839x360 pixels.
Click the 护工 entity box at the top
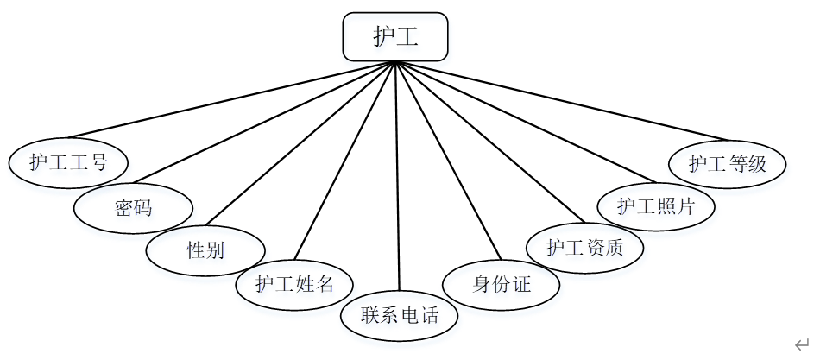tap(395, 36)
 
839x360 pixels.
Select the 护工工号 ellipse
tap(68, 162)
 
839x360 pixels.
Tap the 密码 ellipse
tap(133, 207)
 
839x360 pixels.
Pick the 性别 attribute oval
tap(205, 250)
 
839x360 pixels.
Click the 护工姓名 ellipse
tap(294, 284)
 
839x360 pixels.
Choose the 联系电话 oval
tap(400, 314)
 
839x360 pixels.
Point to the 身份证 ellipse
tap(502, 284)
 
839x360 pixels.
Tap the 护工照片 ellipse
tap(656, 207)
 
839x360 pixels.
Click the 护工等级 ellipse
tap(728, 163)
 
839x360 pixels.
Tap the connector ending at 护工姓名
tap(345, 161)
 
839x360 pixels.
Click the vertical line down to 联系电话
tap(397, 177)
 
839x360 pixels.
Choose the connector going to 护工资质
tap(489, 141)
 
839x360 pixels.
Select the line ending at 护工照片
tap(523, 123)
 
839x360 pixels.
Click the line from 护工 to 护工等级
tap(561, 99)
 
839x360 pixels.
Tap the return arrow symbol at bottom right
tap(802, 344)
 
